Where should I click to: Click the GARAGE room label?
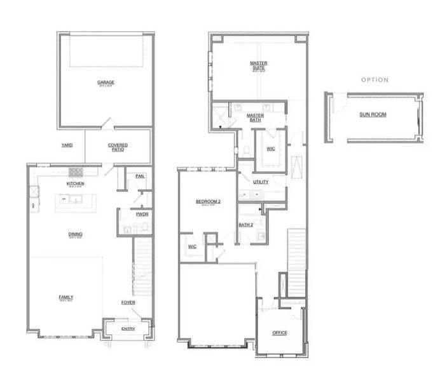(105, 83)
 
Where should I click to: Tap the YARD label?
(67, 145)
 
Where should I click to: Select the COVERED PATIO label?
(118, 147)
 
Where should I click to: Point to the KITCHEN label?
(76, 184)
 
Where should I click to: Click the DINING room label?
(76, 234)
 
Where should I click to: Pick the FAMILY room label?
(66, 297)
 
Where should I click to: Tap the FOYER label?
(128, 302)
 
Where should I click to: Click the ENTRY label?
(128, 328)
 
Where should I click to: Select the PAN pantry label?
(139, 177)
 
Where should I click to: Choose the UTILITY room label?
(261, 182)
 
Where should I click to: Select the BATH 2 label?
(246, 224)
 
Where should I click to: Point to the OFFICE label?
(280, 332)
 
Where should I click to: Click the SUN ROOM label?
(373, 114)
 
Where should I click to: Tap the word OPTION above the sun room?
(375, 80)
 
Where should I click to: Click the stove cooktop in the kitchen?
(76, 171)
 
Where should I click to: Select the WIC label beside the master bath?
(270, 149)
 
